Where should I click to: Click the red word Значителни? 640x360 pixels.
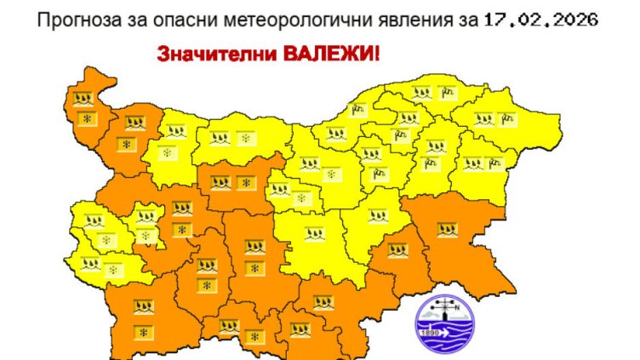tap(203, 54)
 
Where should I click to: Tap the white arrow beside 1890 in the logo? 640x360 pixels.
tap(449, 333)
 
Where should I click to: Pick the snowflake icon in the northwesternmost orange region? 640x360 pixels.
tap(84, 118)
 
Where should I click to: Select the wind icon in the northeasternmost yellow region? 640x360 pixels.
tap(509, 118)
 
